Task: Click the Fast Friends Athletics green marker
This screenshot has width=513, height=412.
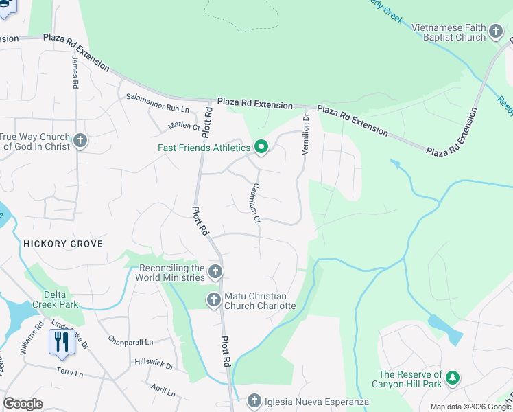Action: (x=261, y=148)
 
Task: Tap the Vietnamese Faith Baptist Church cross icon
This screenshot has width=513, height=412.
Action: (x=496, y=32)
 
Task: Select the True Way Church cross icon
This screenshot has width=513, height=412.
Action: (x=80, y=141)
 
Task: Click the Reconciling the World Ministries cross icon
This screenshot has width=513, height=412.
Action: (x=215, y=273)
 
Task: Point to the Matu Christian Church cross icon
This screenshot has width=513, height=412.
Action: (x=213, y=300)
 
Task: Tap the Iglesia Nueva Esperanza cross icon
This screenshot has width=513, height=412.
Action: (x=254, y=401)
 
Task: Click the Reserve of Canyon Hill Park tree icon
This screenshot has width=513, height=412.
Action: (x=451, y=378)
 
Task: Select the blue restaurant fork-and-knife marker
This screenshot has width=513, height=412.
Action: (x=62, y=341)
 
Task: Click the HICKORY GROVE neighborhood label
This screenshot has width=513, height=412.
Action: (x=63, y=244)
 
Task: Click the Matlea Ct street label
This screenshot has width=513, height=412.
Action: (x=184, y=126)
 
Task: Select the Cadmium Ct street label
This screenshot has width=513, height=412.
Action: (x=255, y=203)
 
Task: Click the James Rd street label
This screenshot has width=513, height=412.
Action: (x=75, y=72)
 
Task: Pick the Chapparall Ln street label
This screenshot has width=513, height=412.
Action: (x=130, y=341)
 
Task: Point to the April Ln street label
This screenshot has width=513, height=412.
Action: (x=163, y=390)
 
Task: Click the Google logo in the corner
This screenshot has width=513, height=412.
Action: (x=23, y=404)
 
